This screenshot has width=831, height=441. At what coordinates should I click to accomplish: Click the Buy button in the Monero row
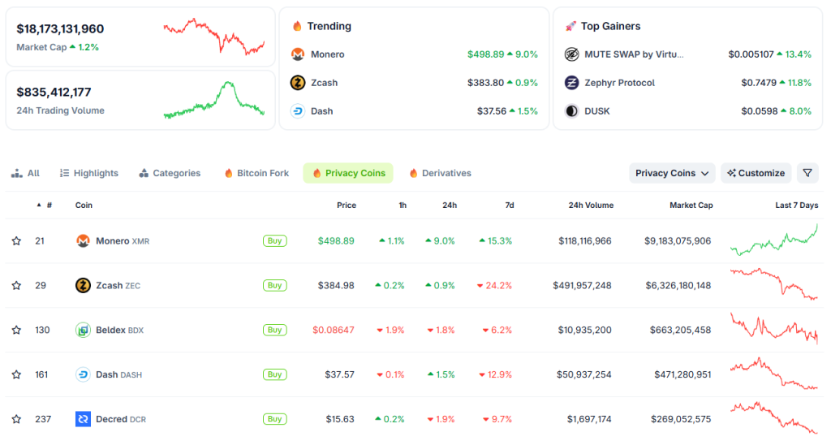point(274,240)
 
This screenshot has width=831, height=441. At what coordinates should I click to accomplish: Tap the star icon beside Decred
point(16,419)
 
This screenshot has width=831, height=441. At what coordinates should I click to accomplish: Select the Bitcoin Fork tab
point(256,173)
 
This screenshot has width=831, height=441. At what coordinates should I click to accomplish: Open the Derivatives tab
point(440,173)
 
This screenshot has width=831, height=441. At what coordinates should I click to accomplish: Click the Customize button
point(756,173)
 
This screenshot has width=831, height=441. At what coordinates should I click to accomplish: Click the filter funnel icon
point(807,173)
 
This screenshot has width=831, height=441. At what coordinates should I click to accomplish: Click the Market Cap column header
point(691,205)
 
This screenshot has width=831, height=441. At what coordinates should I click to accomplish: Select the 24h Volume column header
point(591,205)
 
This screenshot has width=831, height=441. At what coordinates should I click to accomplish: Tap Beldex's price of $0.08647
point(334,330)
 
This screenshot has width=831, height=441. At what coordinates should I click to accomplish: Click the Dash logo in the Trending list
point(298,111)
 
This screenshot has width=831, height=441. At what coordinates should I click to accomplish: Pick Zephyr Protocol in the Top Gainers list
point(619,83)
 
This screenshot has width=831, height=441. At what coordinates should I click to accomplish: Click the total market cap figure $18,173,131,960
point(60,28)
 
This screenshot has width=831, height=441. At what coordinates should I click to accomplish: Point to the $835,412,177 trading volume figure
point(54,92)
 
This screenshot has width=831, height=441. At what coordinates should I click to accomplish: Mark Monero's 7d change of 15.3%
point(496,241)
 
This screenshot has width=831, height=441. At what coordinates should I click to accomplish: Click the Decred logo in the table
point(83,419)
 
